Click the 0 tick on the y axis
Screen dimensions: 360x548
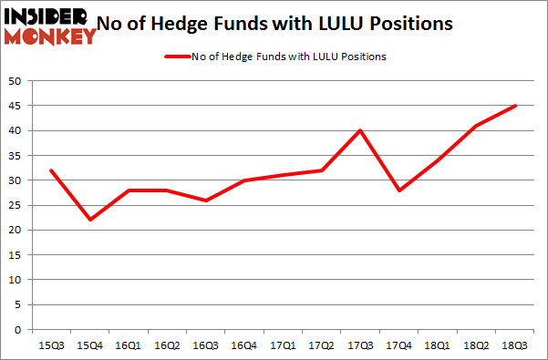coord(17,331)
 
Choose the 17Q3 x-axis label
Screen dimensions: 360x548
coord(361,346)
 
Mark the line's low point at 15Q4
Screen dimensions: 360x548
coord(89,220)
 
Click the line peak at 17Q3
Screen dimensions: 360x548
coord(361,130)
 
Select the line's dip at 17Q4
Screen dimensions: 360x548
coord(400,190)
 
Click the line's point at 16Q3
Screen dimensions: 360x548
coord(206,201)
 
